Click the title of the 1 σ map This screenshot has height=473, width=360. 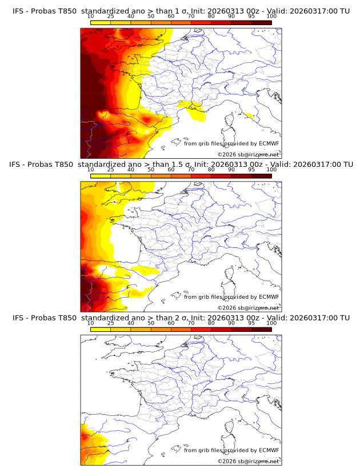click(x=181, y=11)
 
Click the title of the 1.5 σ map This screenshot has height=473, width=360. click(x=181, y=164)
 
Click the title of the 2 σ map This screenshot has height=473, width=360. click(x=181, y=317)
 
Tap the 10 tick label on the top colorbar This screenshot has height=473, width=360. click(x=91, y=17)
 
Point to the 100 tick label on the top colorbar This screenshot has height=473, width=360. click(x=271, y=17)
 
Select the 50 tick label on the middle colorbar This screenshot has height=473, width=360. click(x=151, y=170)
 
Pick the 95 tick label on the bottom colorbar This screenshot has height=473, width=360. click(x=251, y=323)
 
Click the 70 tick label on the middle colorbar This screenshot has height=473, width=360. click(x=191, y=170)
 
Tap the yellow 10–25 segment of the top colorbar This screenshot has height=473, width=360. click(x=101, y=23)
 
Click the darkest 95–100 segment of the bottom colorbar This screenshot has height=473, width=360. click(x=261, y=329)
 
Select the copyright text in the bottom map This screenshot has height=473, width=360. click(x=248, y=461)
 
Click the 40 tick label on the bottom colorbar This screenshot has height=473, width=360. click(x=131, y=323)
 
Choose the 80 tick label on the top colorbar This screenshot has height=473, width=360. click(x=211, y=17)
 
